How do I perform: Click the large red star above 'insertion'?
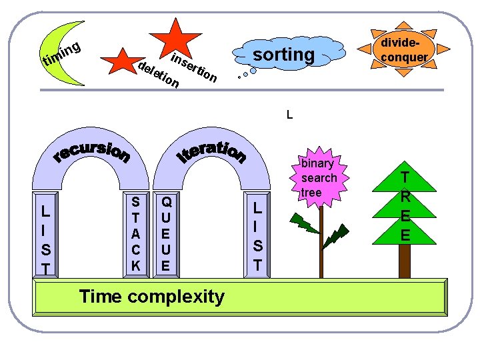coord(175,37)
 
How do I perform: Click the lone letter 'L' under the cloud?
coord(289,115)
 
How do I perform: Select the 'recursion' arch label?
coord(91,153)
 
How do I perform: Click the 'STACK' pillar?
coord(136,233)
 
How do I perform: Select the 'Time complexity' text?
coord(151,296)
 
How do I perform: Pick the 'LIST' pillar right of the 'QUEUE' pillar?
coord(257,237)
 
